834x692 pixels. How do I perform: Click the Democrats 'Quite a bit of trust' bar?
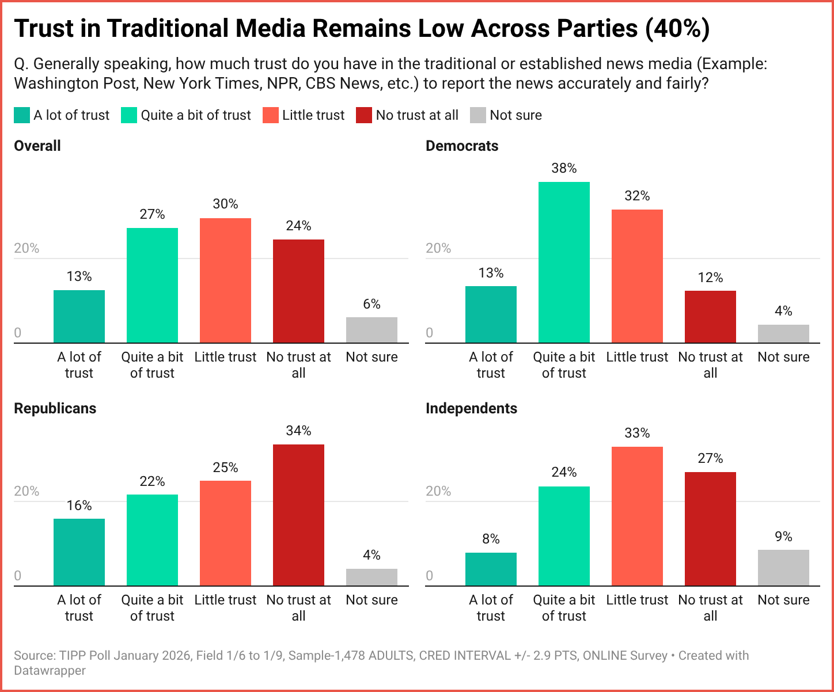pos(564,263)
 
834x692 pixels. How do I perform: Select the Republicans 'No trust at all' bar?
pos(298,515)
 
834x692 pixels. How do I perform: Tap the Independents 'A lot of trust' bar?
pos(491,569)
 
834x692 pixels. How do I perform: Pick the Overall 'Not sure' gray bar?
pos(371,330)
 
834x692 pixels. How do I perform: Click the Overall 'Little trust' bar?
pos(225,281)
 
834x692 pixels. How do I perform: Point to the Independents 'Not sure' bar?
pos(783,568)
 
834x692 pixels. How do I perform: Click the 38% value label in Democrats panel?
pos(564,168)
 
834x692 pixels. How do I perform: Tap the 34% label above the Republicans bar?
pos(298,431)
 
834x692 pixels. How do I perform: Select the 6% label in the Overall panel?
pos(371,304)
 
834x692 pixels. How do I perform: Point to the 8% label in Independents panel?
pos(491,539)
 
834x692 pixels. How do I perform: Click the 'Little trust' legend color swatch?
pos(271,115)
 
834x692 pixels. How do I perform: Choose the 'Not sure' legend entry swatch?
pos(478,115)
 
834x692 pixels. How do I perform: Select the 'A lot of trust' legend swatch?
pos(22,115)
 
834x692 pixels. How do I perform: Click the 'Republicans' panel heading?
pos(55,408)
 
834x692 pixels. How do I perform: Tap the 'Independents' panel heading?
pos(471,408)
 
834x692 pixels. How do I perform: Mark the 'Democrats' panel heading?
pos(462,146)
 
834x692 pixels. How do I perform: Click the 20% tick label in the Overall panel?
pos(26,248)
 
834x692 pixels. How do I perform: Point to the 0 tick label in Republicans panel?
pos(18,576)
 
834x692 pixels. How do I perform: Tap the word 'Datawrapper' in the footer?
pos(50,671)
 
